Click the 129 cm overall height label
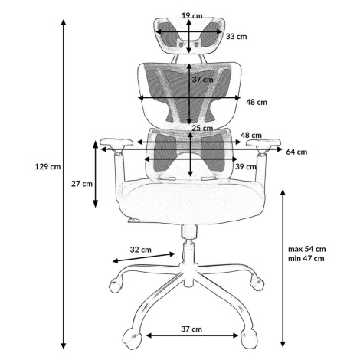(x=47, y=167)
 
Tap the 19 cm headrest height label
(x=192, y=16)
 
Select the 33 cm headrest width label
(x=236, y=37)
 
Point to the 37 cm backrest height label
(x=202, y=80)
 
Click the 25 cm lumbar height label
(x=202, y=128)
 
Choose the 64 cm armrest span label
(x=296, y=152)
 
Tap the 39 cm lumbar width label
(x=246, y=167)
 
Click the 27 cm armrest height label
(x=82, y=184)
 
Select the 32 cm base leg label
(x=140, y=250)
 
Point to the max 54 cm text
(x=307, y=249)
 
